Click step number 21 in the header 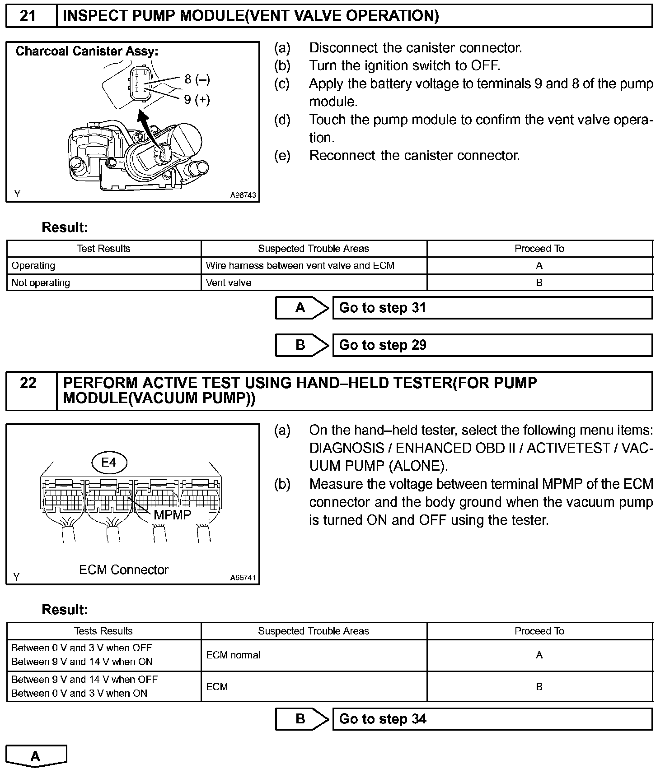tap(28, 16)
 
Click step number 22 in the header tap(28, 383)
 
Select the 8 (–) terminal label tap(197, 79)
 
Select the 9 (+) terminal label tap(197, 99)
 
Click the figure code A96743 tap(243, 195)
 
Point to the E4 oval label tap(109, 463)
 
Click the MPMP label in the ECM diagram tap(172, 515)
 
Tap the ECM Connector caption tap(123, 570)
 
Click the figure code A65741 tap(243, 578)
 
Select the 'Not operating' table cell tap(41, 283)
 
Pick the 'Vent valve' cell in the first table tap(229, 283)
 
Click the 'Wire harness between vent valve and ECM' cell tap(300, 266)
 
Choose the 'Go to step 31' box tap(492, 308)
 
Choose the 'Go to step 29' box tap(492, 345)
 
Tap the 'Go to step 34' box tap(492, 719)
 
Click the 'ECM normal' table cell tap(233, 655)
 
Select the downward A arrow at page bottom tap(36, 756)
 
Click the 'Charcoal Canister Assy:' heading tap(87, 51)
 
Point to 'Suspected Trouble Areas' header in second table tap(314, 631)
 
